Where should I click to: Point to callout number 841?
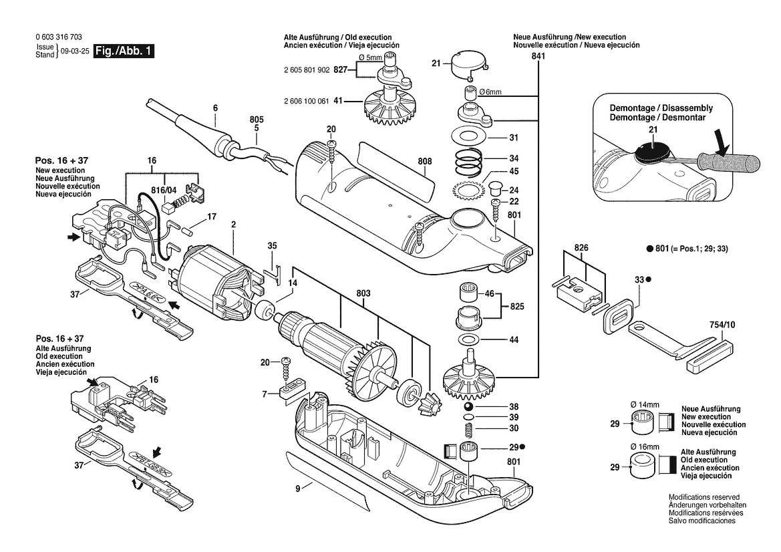coord(538,57)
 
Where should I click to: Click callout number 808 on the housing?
coord(425,161)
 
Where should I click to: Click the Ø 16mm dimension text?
coord(645,446)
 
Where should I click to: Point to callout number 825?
coord(516,307)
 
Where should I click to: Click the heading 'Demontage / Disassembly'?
coord(661,108)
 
